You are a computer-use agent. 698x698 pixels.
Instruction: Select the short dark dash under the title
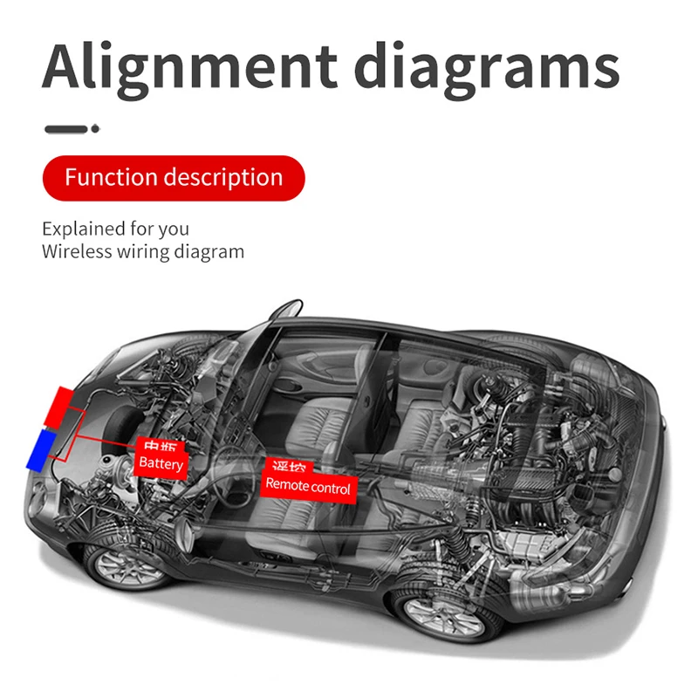65,129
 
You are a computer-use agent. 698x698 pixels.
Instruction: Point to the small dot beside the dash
95,129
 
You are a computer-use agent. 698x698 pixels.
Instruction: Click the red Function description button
174,178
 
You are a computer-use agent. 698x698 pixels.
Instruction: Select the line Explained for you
115,229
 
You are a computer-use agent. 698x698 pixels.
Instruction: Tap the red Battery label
161,462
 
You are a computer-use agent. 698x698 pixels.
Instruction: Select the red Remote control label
308,485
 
